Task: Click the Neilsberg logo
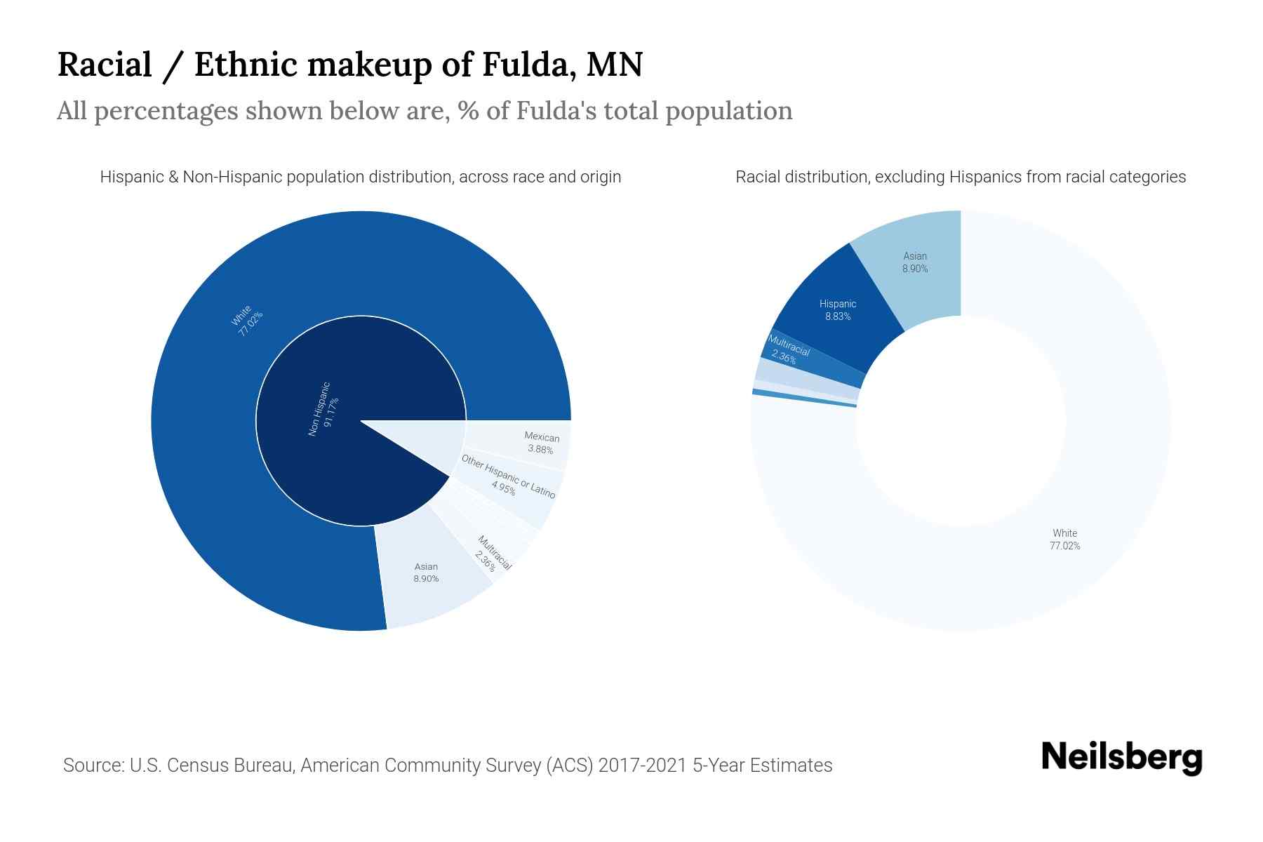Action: pyautogui.click(x=1121, y=758)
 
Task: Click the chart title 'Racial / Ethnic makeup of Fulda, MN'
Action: pyautogui.click(x=349, y=65)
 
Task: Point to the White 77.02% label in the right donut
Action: pyautogui.click(x=1064, y=540)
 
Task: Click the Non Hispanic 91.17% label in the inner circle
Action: pyautogui.click(x=323, y=409)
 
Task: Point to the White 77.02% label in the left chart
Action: pyautogui.click(x=247, y=320)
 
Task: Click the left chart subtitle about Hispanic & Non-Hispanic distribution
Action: pyautogui.click(x=361, y=177)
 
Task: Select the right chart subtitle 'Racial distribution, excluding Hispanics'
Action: pyautogui.click(x=961, y=177)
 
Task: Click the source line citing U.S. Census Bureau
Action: pyautogui.click(x=448, y=765)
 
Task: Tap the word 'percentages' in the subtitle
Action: pyautogui.click(x=166, y=111)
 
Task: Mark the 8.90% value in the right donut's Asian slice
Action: pyautogui.click(x=915, y=269)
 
